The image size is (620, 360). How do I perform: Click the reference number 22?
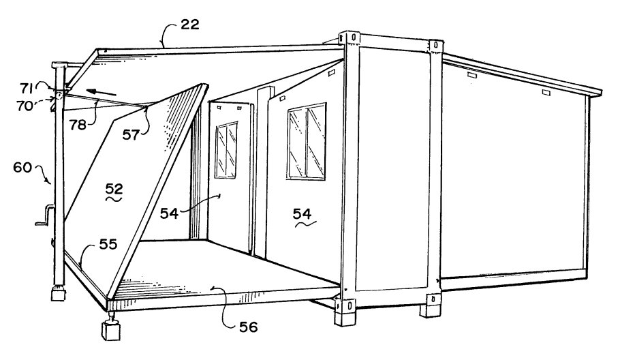click(190, 25)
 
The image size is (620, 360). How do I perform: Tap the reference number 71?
click(26, 88)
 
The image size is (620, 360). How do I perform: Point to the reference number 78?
click(78, 125)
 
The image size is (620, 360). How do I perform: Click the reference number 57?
click(131, 134)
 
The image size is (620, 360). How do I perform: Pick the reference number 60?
click(22, 167)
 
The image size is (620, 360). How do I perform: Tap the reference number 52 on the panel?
click(114, 188)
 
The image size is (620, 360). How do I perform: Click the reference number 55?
click(108, 244)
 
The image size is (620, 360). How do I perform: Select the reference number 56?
click(248, 327)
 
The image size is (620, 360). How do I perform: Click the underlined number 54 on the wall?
click(302, 213)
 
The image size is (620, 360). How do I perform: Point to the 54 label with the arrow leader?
click(169, 213)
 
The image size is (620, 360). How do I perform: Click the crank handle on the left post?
click(45, 215)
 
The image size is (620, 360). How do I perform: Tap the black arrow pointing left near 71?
click(102, 93)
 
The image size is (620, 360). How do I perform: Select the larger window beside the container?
click(307, 142)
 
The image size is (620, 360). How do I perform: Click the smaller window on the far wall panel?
click(226, 150)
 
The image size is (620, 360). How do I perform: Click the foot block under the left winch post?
click(59, 295)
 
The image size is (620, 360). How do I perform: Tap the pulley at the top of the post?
click(59, 95)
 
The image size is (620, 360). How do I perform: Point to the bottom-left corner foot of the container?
click(344, 312)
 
